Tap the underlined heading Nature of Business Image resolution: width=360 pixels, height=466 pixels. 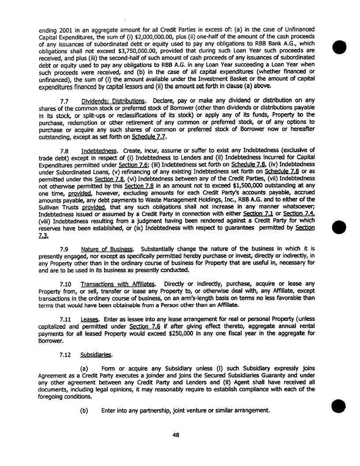tap(107, 249)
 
